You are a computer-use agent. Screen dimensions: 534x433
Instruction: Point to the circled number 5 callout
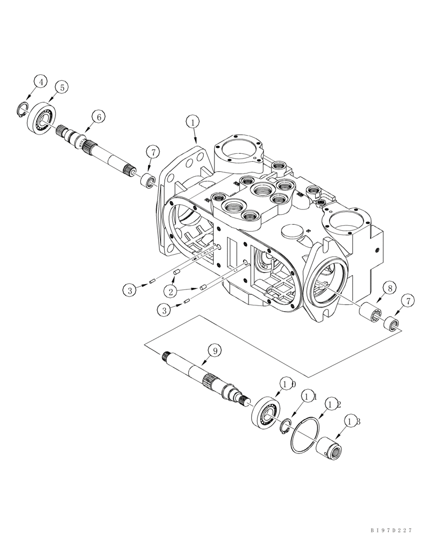(x=62, y=87)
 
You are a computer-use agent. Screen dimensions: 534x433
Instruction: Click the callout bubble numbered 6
(x=98, y=115)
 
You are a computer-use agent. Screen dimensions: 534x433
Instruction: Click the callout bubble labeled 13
(x=351, y=421)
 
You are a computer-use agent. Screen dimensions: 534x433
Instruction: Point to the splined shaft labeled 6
(x=101, y=153)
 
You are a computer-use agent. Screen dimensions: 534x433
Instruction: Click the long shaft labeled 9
(x=203, y=374)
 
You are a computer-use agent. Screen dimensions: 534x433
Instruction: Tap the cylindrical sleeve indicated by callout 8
(x=371, y=311)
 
